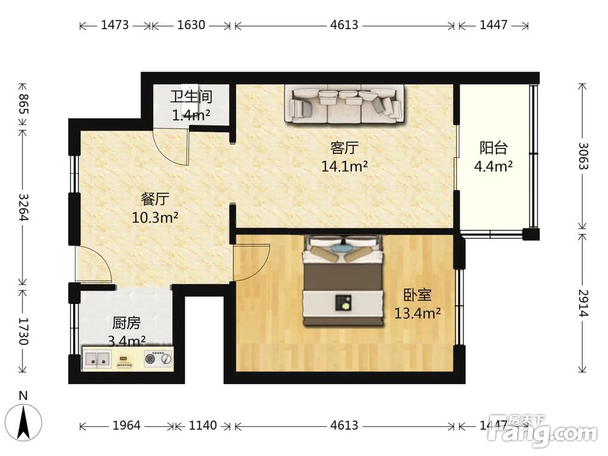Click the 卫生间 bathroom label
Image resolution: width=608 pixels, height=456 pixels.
(191, 97)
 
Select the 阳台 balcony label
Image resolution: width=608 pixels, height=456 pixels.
(494, 148)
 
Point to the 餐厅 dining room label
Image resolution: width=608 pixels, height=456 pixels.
(155, 199)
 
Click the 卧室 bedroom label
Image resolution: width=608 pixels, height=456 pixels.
(418, 295)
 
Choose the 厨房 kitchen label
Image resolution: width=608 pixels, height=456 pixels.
(126, 323)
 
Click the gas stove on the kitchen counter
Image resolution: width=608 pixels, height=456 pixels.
(158, 358)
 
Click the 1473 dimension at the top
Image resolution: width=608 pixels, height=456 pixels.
(115, 25)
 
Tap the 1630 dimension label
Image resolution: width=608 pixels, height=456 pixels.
(191, 25)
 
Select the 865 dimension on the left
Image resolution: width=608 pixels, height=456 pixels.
(24, 104)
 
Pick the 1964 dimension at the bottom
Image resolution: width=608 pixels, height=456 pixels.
(126, 426)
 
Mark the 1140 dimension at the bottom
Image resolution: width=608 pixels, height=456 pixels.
(203, 426)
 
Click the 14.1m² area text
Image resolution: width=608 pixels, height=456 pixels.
(344, 166)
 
